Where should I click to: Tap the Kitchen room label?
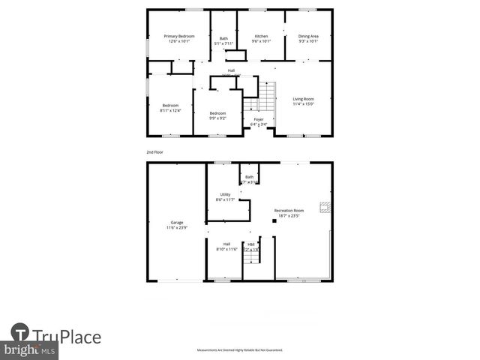pyautogui.click(x=261, y=36)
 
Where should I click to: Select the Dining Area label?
pyautogui.click(x=308, y=36)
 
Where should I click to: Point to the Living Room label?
pyautogui.click(x=303, y=99)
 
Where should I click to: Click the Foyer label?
pyautogui.click(x=259, y=119)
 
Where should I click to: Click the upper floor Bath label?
pyautogui.click(x=223, y=38)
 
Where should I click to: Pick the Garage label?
pyautogui.click(x=177, y=222)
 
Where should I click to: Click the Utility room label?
pyautogui.click(x=225, y=194)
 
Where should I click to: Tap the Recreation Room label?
pyautogui.click(x=289, y=211)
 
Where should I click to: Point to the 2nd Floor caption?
pyautogui.click(x=155, y=152)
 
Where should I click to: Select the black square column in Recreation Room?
pyautogui.click(x=274, y=220)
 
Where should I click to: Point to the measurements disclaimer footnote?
pyautogui.click(x=239, y=350)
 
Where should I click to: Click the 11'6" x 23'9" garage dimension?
pyautogui.click(x=177, y=227)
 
